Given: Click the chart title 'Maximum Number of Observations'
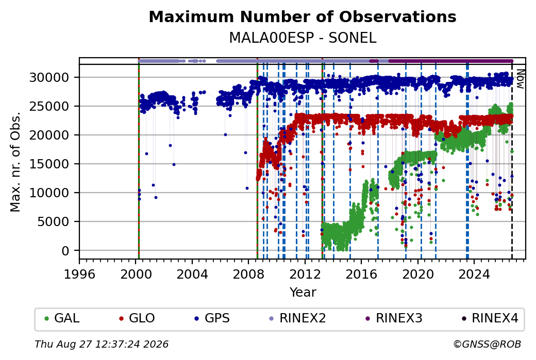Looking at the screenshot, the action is [303, 16].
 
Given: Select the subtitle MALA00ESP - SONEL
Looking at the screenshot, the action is [303, 38].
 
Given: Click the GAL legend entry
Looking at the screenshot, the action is [62, 318].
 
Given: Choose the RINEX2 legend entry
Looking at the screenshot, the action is [297, 318].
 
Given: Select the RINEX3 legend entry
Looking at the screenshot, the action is [394, 318].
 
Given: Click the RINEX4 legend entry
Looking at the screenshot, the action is [490, 318].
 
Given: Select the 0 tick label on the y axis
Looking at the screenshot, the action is [65, 251].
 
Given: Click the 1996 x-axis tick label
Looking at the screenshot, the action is [79, 274].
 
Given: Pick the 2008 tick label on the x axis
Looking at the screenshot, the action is [248, 274].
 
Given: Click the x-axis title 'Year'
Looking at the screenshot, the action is [303, 293].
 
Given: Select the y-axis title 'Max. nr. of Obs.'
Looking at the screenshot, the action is [15, 162].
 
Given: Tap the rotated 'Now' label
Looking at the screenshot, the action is [520, 79].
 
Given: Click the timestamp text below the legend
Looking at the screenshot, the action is [102, 344].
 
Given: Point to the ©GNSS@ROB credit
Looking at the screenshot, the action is [487, 344].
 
